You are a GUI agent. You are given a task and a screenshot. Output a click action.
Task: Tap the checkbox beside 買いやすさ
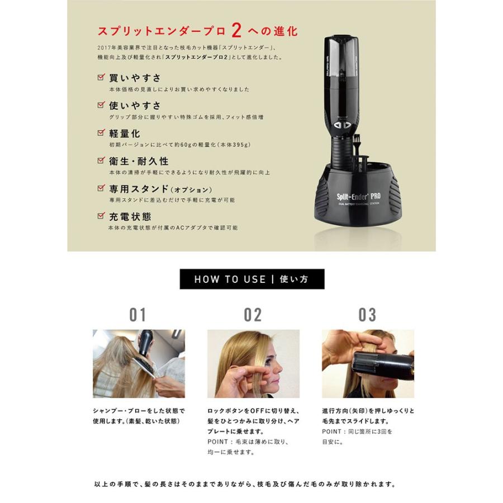point(101,77)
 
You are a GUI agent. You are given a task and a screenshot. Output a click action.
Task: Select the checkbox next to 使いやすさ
point(101,105)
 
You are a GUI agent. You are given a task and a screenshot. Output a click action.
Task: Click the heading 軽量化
point(125,134)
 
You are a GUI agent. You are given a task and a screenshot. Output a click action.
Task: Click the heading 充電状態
point(130,216)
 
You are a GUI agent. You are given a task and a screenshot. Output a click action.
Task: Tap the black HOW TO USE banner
point(251,278)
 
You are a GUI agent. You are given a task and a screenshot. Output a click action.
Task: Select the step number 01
point(137,315)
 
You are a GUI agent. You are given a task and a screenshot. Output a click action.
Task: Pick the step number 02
point(253,315)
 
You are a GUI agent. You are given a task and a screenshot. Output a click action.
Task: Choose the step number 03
point(367,315)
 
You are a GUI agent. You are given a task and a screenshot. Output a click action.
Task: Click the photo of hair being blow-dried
point(139,364)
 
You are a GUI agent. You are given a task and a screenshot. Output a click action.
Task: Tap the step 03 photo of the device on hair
point(368,364)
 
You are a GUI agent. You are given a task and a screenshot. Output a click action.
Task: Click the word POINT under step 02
point(219,442)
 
